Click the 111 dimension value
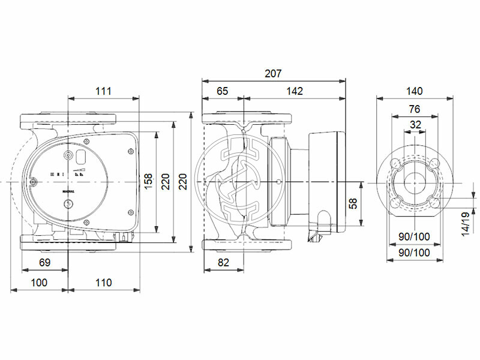coord(104,91)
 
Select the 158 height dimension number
coord(148,181)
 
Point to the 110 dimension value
coord(104,283)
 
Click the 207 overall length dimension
coord(274,73)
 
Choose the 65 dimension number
coord(223,91)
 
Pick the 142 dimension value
coord(295,91)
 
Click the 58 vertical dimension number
coord(354,204)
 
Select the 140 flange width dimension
coord(415,91)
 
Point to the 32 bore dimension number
coord(415,125)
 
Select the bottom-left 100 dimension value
coord(40,283)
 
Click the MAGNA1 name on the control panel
coord(68,193)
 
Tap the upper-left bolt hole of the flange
coord(395,164)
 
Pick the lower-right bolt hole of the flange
coord(433,202)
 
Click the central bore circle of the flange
coord(415,182)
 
